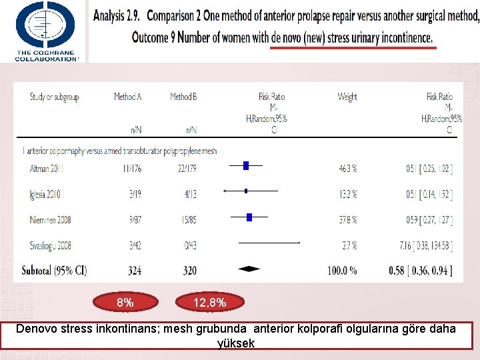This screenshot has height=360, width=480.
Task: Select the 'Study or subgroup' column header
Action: tap(54, 97)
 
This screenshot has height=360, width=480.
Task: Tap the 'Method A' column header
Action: tap(127, 97)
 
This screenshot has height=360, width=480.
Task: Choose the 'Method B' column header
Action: tap(183, 97)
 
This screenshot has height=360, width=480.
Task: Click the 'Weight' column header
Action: tap(347, 97)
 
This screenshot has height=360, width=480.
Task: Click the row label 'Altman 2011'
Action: tap(47, 169)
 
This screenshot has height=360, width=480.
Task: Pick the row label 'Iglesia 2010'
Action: tap(45, 195)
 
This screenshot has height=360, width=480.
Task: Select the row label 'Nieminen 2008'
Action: tap(49, 220)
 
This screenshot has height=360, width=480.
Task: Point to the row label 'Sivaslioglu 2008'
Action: tap(51, 246)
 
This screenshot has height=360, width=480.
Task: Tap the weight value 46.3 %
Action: tap(347, 169)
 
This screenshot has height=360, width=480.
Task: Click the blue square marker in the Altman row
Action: tap(245, 165)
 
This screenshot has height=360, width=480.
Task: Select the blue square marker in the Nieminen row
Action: tap(249, 217)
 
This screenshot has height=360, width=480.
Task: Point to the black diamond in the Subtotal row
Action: tap(249, 269)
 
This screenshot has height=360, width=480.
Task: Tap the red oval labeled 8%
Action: tap(125, 303)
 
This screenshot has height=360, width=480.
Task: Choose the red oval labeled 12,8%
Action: tap(209, 303)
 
